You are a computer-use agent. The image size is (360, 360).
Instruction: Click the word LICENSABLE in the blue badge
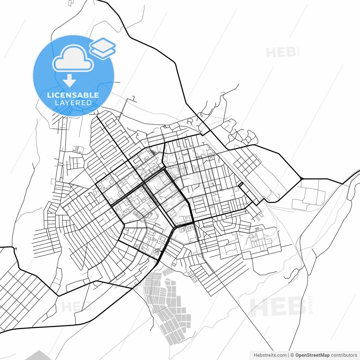[x=73, y=95]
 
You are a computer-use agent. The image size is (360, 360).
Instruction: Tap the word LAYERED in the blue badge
[x=73, y=103]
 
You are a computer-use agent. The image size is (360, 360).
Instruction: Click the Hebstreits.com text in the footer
[x=270, y=355]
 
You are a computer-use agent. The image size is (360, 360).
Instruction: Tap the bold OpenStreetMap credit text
[x=312, y=355]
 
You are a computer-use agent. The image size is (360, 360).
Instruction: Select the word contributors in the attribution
[x=344, y=355]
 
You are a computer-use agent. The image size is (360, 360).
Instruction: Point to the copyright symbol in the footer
[x=292, y=355]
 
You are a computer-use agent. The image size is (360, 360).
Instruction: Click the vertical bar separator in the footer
[x=289, y=355]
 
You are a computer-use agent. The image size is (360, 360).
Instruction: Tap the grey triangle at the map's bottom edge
[x=39, y=356]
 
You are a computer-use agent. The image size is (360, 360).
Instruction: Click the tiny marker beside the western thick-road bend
[x=16, y=249]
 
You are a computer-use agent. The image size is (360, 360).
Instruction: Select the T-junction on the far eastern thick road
[x=301, y=179]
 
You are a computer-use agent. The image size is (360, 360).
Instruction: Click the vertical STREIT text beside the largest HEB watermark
[x=310, y=305]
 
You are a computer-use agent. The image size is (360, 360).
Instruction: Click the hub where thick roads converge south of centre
[x=176, y=226]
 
